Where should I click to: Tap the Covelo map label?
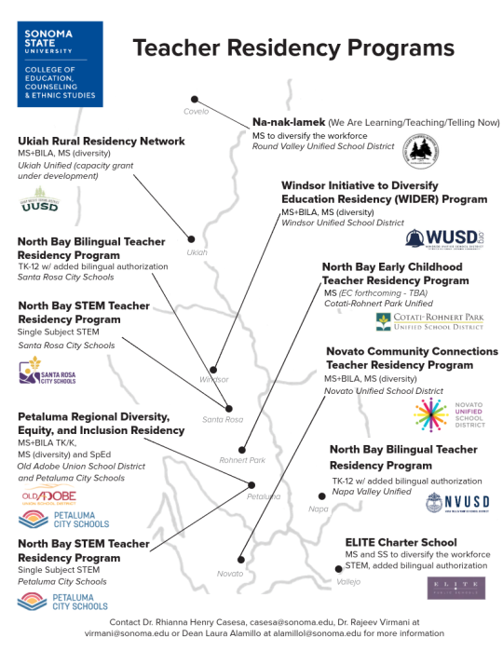[196, 113]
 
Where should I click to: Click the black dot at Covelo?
[195, 99]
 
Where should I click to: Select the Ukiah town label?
[197, 252]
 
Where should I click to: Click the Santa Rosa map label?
[222, 420]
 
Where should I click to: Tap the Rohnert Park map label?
[242, 460]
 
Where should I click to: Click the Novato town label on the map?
[229, 574]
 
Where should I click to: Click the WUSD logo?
[444, 239]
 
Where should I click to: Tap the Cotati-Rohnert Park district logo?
[429, 321]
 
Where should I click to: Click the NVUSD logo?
[457, 504]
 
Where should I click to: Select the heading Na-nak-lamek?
[287, 122]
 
